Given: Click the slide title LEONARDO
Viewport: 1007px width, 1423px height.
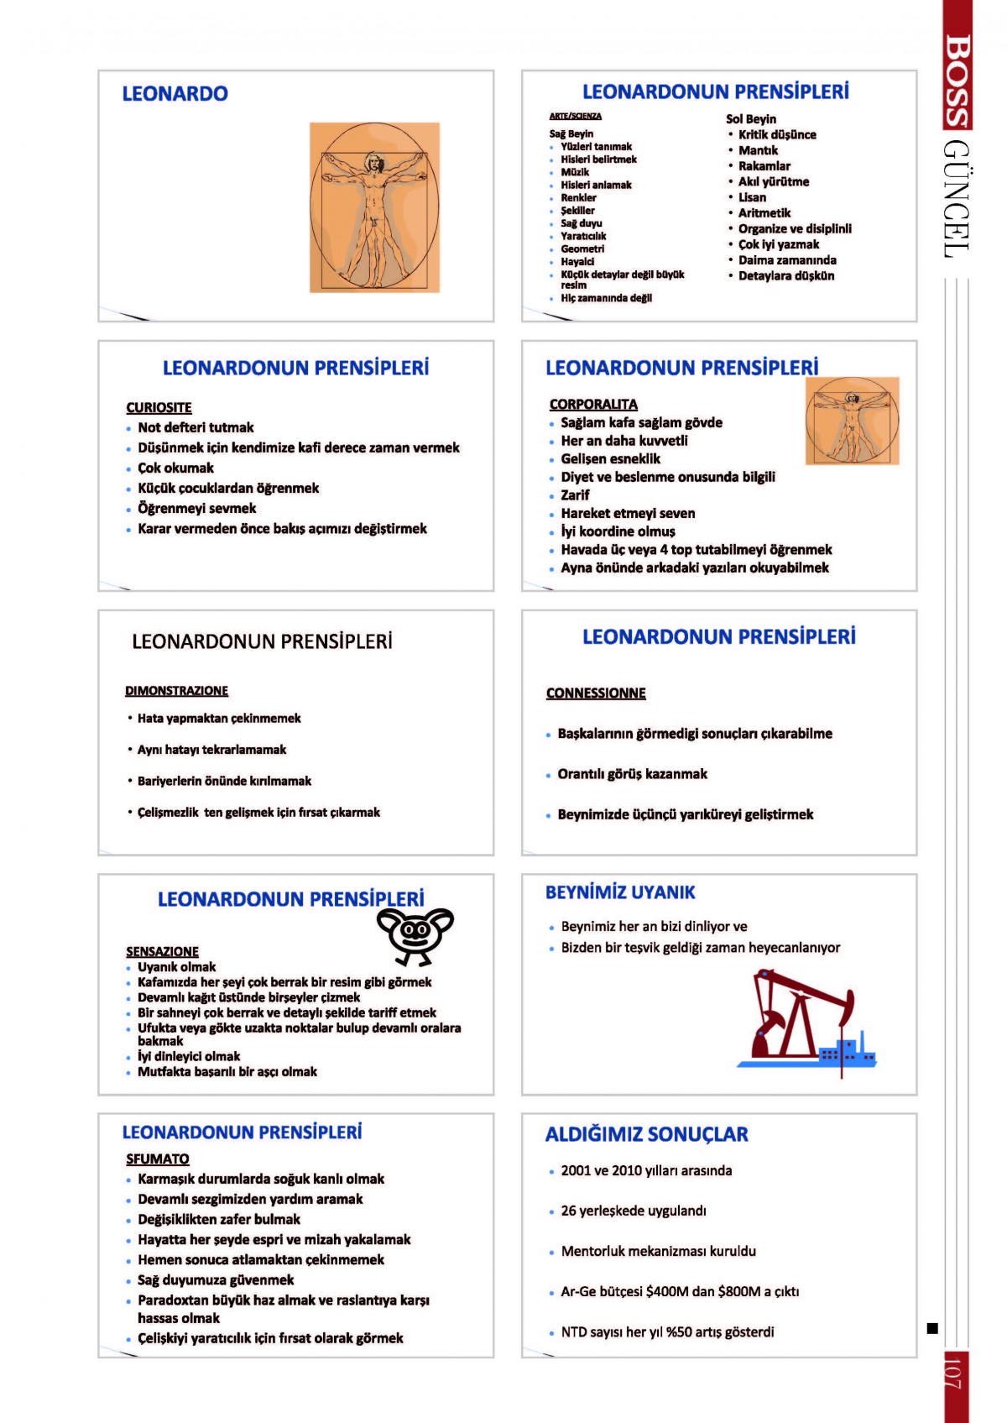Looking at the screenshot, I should point(175,93).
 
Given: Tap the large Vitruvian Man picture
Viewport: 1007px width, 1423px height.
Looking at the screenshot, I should point(374,207).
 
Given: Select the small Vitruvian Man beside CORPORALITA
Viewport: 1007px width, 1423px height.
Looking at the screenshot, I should point(852,421).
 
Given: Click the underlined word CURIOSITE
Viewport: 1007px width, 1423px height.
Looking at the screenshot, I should point(159,407).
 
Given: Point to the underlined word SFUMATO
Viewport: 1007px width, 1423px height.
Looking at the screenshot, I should point(158,1159).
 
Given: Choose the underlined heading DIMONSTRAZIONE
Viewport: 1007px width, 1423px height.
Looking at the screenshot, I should point(176,691).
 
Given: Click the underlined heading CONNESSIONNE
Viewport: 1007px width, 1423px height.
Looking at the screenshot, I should point(596,693).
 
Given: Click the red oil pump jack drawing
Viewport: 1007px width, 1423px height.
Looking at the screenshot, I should point(806,1020).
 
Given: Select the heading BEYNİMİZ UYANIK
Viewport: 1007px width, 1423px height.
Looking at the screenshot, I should point(620,892).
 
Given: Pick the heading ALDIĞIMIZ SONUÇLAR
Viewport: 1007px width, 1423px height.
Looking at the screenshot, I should point(646,1134).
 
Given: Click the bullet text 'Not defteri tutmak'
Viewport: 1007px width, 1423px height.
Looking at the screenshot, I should point(196,427).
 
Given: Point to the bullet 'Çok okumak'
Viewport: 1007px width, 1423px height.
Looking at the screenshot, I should point(175,468).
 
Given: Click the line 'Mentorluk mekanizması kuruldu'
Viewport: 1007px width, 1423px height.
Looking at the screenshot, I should point(658,1251).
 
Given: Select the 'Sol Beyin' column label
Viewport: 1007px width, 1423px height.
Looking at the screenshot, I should point(751,119).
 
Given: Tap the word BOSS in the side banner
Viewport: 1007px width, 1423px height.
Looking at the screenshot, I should point(956,80).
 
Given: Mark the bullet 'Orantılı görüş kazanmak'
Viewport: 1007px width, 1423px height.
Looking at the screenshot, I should point(632,774).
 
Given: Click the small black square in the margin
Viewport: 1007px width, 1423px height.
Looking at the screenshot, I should point(931,1327).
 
